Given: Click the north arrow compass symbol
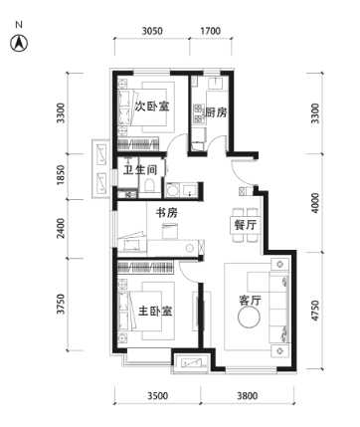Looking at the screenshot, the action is tap(19, 43).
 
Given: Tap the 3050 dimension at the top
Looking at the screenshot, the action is tap(152, 31).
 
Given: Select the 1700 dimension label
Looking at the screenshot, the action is tap(211, 31).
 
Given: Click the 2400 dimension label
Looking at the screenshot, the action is tap(61, 228).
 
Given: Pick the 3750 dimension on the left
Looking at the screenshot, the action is tap(61, 304).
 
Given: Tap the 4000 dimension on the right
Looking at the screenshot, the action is tap(315, 203).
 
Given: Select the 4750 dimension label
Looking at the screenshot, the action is tap(315, 311).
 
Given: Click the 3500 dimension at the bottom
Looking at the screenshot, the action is tap(158, 396).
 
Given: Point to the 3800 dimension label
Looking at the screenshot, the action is tap(247, 396).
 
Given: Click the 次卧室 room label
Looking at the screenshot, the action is tap(152, 107).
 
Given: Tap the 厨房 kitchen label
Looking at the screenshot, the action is tap(216, 112).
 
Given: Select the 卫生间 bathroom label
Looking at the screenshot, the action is tap(140, 170).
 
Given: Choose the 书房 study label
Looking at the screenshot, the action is tap(167, 213).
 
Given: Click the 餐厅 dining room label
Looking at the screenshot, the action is tap(246, 225).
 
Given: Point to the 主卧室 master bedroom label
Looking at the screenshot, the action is tap(155, 312).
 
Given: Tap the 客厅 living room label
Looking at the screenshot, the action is tap(250, 301).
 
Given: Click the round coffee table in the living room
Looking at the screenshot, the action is tap(249, 318).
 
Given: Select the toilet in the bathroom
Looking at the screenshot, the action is tap(150, 186).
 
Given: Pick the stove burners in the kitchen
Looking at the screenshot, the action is tap(198, 112).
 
